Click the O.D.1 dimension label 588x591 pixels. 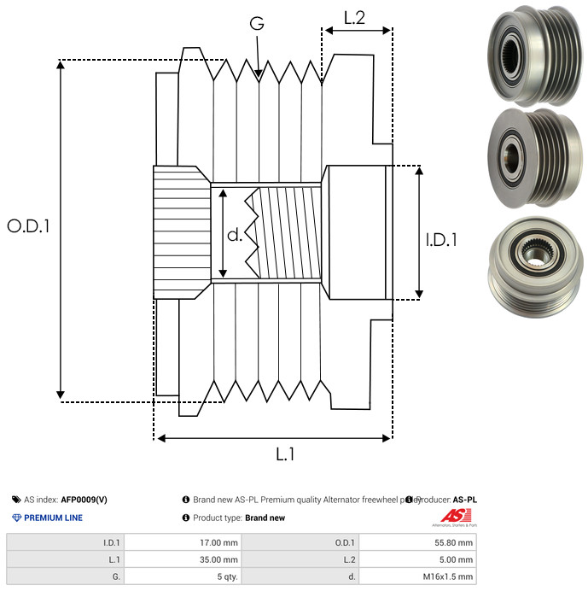click(29, 226)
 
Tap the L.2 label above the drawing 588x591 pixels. click(355, 17)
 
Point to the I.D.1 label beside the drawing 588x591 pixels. click(440, 241)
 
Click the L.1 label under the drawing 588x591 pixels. click(284, 455)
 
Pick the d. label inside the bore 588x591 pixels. click(235, 236)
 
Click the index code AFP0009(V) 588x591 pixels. click(84, 500)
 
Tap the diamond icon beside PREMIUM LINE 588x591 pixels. click(16, 518)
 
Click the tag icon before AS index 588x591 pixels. click(16, 500)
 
